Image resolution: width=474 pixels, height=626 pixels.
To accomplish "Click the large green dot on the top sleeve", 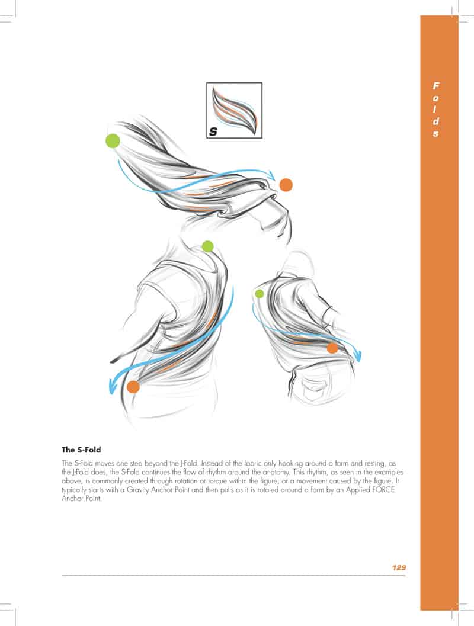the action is pyautogui.click(x=113, y=141).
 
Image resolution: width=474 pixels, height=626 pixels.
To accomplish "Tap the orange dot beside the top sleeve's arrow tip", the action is pyautogui.click(x=286, y=185).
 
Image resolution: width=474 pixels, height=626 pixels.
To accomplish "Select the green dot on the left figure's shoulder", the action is pyautogui.click(x=207, y=246).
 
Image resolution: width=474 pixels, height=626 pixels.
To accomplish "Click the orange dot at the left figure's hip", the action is pyautogui.click(x=133, y=387).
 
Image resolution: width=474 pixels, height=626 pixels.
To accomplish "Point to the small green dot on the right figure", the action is pyautogui.click(x=260, y=294).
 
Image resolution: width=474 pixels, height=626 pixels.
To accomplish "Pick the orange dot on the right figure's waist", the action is pyautogui.click(x=332, y=348).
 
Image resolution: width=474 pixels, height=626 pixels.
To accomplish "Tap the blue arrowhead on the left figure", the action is pyautogui.click(x=113, y=386).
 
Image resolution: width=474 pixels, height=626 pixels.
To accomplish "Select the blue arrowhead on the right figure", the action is pyautogui.click(x=358, y=355).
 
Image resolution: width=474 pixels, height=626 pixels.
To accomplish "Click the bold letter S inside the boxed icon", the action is pyautogui.click(x=213, y=131).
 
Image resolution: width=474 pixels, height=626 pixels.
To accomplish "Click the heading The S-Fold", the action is pyautogui.click(x=81, y=450).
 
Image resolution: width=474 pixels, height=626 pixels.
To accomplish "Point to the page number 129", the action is pyautogui.click(x=399, y=567).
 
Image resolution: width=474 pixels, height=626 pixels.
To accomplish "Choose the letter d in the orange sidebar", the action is pyautogui.click(x=435, y=121).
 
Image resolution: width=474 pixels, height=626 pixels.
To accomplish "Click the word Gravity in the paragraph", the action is pyautogui.click(x=138, y=490).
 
